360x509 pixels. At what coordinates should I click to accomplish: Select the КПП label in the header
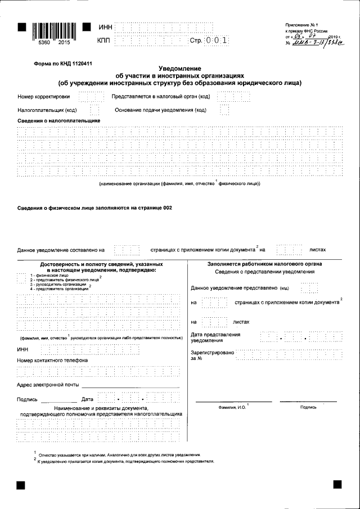tap(104, 40)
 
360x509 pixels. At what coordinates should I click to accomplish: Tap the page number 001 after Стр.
tap(217, 40)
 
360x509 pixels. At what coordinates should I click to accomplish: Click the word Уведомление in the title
tap(179, 68)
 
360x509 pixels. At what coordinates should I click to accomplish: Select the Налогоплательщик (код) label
tap(47, 110)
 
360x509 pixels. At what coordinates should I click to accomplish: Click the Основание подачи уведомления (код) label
tap(160, 110)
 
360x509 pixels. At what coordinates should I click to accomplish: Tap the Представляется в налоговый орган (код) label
tap(160, 97)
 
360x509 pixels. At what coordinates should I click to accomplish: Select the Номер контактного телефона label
tap(52, 360)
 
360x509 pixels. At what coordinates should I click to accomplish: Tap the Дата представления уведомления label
tap(216, 337)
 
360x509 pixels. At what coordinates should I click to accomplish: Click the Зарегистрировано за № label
tap(212, 354)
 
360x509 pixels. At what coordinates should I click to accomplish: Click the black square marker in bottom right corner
tap(337, 484)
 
